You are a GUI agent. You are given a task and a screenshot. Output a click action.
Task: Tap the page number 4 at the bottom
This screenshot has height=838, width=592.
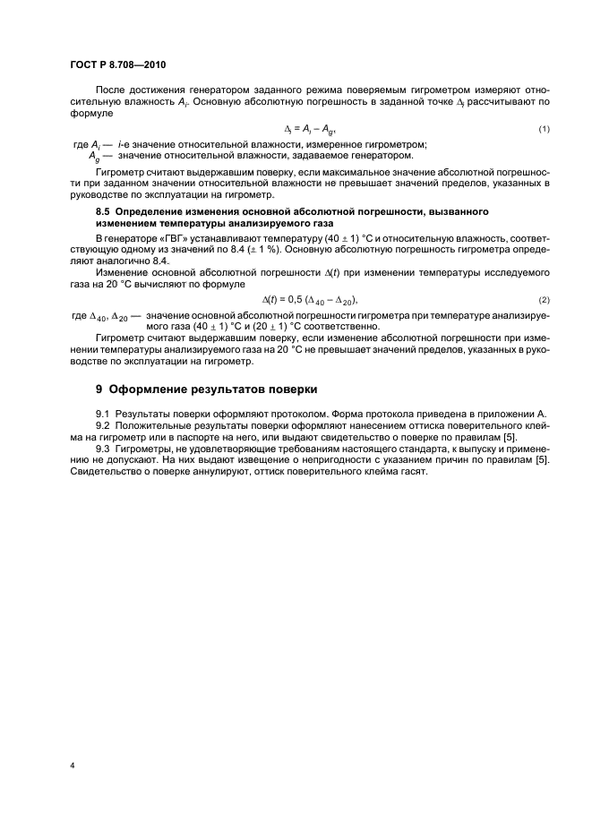tap(71, 766)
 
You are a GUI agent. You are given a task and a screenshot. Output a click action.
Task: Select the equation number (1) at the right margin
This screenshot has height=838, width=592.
tap(544, 130)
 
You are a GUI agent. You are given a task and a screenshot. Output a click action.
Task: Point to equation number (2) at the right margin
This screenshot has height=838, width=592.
tap(544, 298)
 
